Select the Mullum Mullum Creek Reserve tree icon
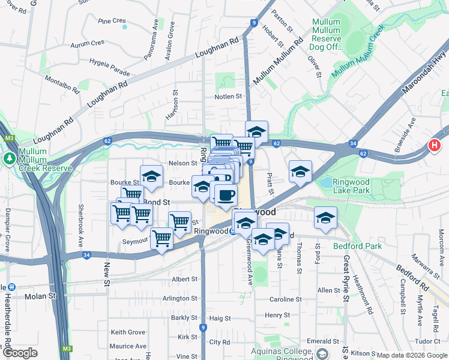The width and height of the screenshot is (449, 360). [9, 158]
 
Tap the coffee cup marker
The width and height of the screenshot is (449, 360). [226, 195]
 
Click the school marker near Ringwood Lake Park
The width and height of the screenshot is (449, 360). [300, 172]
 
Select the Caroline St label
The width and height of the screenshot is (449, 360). [285, 299]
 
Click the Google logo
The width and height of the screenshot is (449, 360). [19, 353]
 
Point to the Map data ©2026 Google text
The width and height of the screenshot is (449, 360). [412, 355]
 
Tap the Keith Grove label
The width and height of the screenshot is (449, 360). [128, 332]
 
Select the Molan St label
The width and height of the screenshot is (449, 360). [40, 296]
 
